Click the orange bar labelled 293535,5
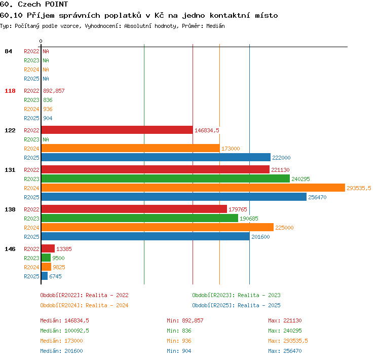pos(193,188)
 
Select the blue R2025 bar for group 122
pos(156,157)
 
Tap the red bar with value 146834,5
pos(117,130)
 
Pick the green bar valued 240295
pos(166,178)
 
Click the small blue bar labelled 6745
pos(45,276)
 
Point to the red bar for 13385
pos(48,248)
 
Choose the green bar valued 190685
pos(140,218)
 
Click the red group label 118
pos(10,91)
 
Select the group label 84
pos(8,51)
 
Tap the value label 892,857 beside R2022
pos(54,91)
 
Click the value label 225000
pos(284,228)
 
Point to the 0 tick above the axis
pos(41,41)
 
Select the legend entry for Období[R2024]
pos(84,305)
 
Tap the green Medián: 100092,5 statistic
pos(64,331)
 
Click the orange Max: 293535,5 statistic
pos(288,341)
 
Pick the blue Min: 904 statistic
pos(179,351)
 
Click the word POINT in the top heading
pos(56,4)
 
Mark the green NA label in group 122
pos(46,139)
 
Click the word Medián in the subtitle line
pos(215,26)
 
